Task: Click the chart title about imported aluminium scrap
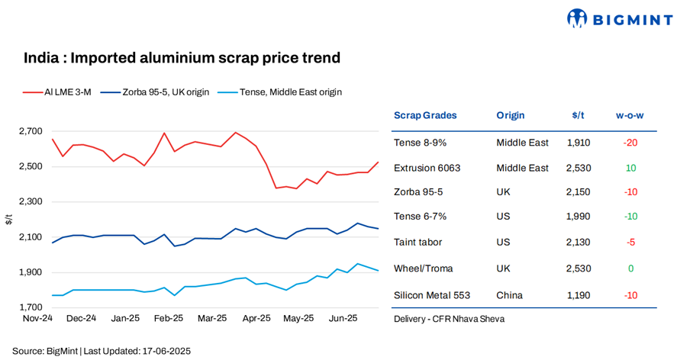coord(182,58)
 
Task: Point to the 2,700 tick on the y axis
coord(30,131)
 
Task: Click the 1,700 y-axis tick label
coord(30,308)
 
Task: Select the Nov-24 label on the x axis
coord(37,319)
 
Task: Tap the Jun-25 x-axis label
coord(341,319)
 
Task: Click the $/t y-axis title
coord(9,220)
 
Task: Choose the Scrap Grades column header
coord(425,116)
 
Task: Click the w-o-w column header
coord(630,116)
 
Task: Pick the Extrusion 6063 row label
coord(427,168)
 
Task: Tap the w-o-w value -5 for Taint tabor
coord(630,243)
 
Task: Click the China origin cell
coord(509,294)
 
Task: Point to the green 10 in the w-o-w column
coord(630,168)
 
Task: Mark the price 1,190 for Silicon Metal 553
coord(578,294)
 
